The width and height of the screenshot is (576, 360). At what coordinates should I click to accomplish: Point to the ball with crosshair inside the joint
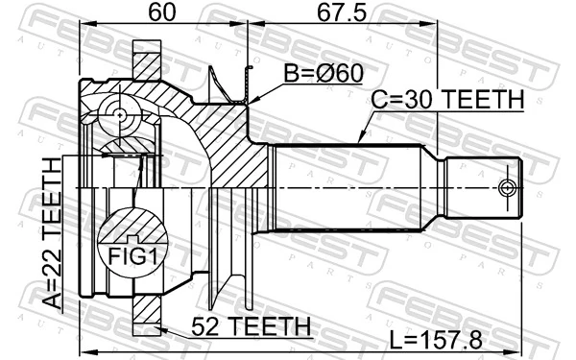pyautogui.click(x=120, y=116)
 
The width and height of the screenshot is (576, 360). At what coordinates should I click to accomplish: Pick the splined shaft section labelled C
pyautogui.click(x=350, y=187)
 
